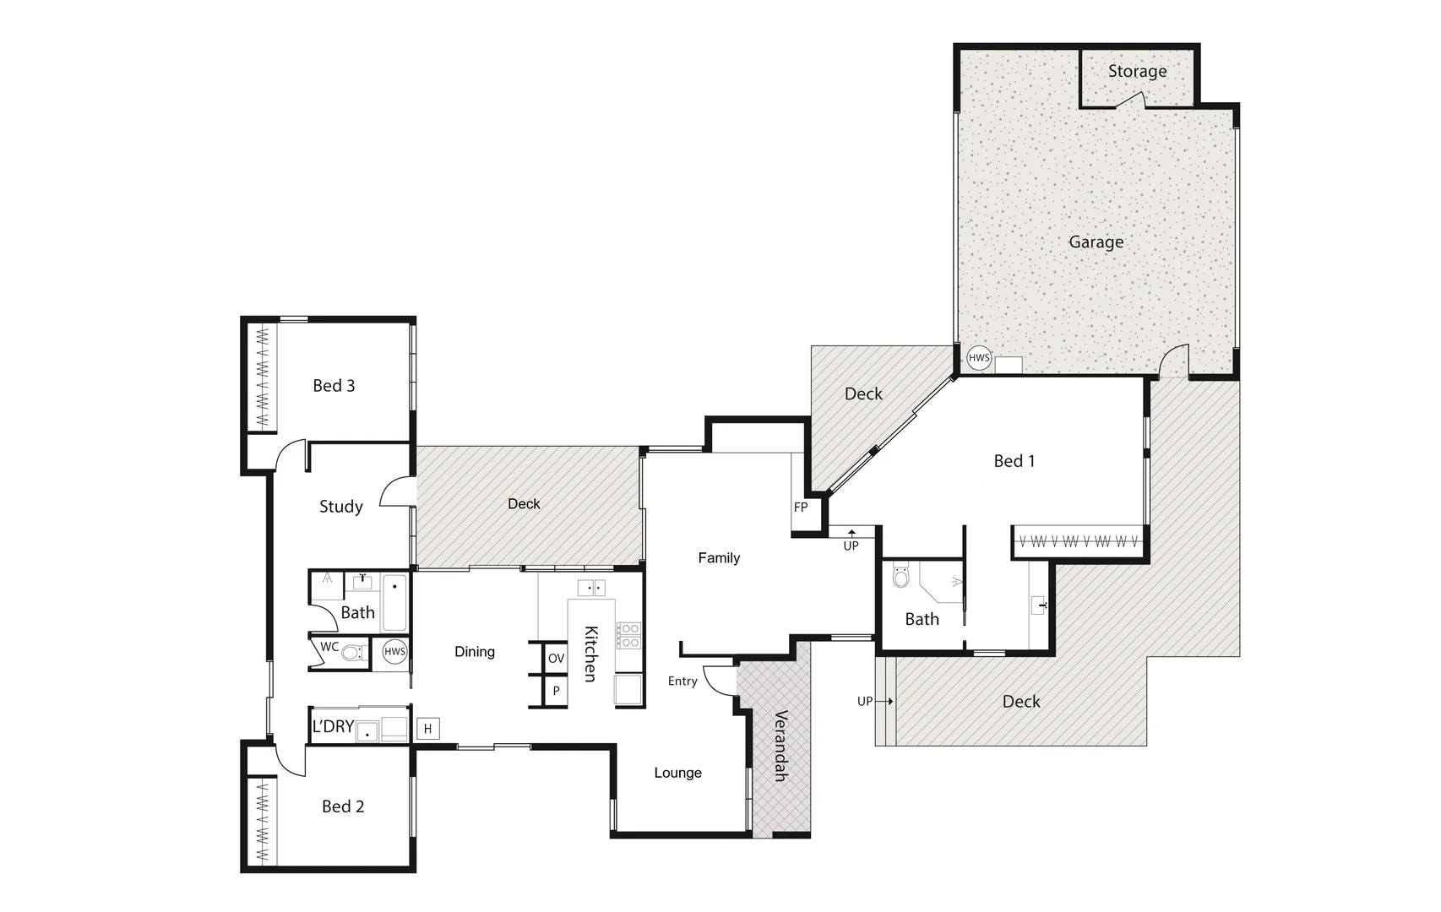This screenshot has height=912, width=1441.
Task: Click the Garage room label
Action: (1096, 242)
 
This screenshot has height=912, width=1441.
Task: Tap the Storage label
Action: (1137, 72)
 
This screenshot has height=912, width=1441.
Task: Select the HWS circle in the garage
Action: (978, 358)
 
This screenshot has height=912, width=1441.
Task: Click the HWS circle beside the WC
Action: (394, 651)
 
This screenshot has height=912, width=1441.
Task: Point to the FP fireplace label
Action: (801, 508)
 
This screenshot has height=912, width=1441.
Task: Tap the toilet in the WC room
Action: (353, 652)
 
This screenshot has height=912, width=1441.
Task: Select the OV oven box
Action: (556, 659)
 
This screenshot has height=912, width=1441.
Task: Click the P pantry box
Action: (556, 691)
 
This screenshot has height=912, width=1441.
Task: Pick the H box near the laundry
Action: (428, 729)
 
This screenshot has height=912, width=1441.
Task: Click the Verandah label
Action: (780, 746)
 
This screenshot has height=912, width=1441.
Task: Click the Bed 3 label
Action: (334, 386)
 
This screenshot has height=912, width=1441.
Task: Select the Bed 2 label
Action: (343, 806)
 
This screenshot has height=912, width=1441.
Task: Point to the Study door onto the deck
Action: (397, 492)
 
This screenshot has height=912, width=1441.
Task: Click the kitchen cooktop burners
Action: (629, 635)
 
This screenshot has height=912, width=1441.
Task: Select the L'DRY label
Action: (333, 727)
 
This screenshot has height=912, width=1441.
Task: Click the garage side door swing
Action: (1173, 362)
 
